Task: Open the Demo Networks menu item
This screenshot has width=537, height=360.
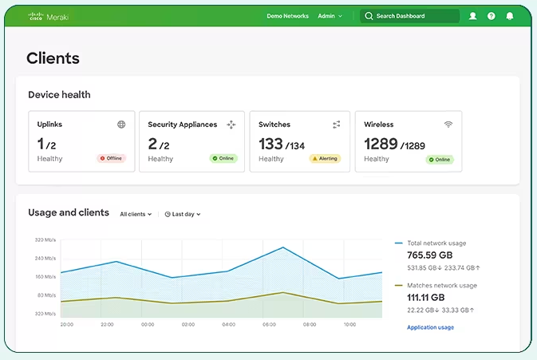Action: [x=287, y=16]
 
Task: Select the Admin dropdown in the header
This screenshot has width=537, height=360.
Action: [x=330, y=16]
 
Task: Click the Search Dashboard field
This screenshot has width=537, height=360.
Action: [x=410, y=16]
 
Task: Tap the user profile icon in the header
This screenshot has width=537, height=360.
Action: [x=473, y=16]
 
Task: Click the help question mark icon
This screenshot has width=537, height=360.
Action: [x=492, y=16]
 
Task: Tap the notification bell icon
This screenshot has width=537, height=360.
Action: [x=510, y=16]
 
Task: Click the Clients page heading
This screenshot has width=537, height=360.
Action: [x=53, y=57]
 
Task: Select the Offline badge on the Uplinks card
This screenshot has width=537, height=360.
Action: [x=112, y=158]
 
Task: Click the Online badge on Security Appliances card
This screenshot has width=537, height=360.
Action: [x=223, y=158]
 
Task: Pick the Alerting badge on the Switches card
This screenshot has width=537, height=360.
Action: [x=325, y=158]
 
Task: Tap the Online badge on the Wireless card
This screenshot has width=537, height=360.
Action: [x=439, y=159]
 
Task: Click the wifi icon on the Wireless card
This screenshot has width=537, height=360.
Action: [x=448, y=125]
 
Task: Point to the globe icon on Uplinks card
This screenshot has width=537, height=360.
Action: [x=121, y=125]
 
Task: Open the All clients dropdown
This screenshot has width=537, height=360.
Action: [x=136, y=214]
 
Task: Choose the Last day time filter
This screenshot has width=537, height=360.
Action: [x=183, y=214]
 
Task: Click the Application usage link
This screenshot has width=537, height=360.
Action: [x=430, y=327]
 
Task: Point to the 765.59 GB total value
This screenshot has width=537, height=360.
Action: [x=430, y=255]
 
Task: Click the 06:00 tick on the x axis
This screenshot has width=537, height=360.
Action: [x=270, y=325]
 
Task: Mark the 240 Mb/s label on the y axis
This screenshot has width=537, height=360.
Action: [x=45, y=258]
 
